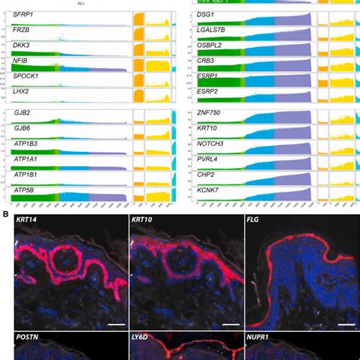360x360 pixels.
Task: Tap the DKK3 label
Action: pyautogui.click(x=22, y=49)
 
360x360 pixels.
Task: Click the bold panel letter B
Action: pyautogui.click(x=6, y=214)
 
